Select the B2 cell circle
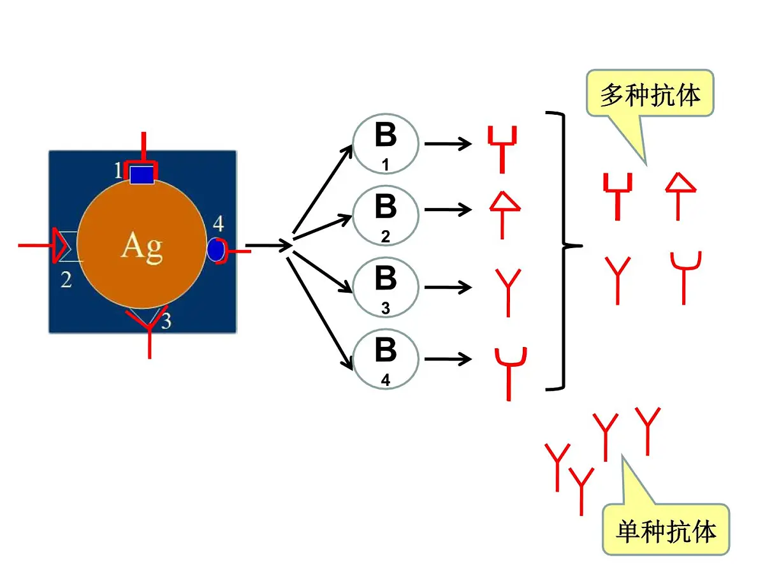point(386,216)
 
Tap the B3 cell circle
point(386,288)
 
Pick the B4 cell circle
point(386,359)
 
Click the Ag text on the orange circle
point(142,246)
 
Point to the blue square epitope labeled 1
point(142,173)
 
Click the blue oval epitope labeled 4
point(215,249)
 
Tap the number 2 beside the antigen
point(66,279)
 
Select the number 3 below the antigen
point(166,321)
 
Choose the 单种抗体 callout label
point(666,530)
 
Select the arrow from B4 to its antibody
point(448,360)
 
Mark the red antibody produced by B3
point(508,291)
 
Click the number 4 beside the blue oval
point(218,224)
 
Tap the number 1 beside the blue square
point(118,170)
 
